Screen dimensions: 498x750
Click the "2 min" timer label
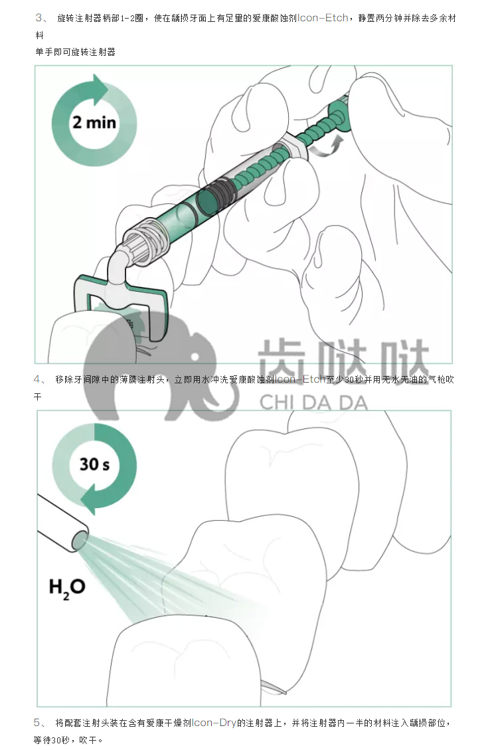94,122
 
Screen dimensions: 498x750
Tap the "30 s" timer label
94,464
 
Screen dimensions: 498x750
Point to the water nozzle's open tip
80,541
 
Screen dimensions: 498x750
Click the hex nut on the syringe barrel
289,146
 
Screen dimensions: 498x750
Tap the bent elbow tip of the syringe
117,266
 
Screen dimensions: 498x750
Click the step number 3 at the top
39,18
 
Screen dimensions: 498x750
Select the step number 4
37,379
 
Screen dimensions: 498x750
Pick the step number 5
37,722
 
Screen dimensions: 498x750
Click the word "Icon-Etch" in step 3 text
323,18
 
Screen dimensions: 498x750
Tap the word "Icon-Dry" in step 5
214,722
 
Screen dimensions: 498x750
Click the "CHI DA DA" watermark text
313,403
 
